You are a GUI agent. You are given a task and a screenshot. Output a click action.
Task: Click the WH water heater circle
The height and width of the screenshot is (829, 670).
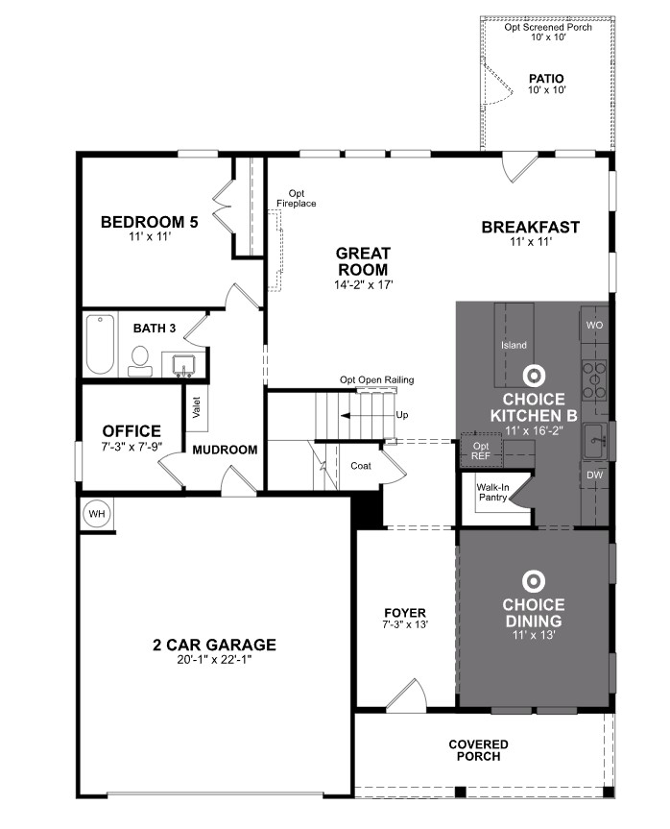[x=97, y=515]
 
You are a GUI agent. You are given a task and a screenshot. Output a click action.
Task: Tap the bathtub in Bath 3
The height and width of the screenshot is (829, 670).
[x=100, y=347]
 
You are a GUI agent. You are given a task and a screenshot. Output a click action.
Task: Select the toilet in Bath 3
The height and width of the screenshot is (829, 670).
[x=141, y=359]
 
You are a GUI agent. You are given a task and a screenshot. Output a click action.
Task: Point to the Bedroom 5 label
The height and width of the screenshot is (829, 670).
[x=150, y=223]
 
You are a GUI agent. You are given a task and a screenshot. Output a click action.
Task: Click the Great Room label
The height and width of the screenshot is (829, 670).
[x=364, y=261]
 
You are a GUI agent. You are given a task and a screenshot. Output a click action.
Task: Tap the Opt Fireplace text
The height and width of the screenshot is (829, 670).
[x=296, y=199]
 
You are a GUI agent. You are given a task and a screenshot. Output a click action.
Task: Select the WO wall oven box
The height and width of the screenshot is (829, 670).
[x=593, y=325]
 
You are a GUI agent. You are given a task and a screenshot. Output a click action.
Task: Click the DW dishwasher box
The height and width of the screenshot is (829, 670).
[x=593, y=475]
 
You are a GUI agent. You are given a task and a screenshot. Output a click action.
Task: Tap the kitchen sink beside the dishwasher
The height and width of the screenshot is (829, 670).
[x=596, y=441]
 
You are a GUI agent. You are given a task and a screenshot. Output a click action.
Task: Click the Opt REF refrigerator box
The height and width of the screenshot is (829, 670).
[x=482, y=450]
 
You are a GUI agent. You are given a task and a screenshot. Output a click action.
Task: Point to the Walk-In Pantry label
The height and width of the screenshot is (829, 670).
[x=493, y=493]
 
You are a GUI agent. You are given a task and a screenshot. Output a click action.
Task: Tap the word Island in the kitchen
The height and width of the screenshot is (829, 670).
[x=514, y=345]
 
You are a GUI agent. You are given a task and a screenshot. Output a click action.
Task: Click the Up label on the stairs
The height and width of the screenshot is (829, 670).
[x=401, y=415]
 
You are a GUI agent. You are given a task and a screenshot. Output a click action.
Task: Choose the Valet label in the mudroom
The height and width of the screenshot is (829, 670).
[x=196, y=407]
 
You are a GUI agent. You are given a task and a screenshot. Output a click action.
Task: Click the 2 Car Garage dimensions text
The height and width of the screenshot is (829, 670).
[x=214, y=660]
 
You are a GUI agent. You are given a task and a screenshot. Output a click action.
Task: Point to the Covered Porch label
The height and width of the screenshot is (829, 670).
[x=479, y=750]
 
